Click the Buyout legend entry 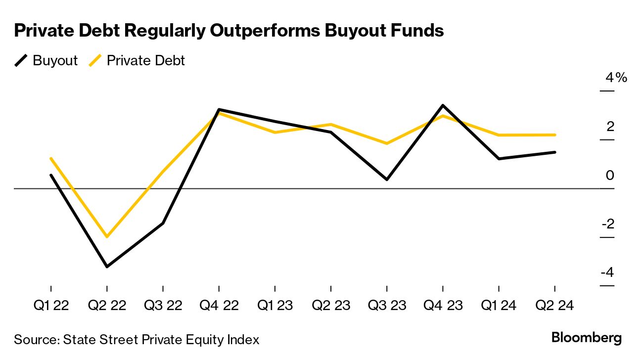pos(46,61)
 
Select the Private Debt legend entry pos(137,61)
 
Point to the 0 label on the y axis pos(610,176)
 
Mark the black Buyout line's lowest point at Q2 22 pos(107,267)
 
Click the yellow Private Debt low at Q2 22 pos(107,236)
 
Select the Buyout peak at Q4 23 pos(443,105)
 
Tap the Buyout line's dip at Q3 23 pos(387,179)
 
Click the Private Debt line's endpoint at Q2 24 pos(554,135)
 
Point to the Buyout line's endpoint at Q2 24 pos(554,152)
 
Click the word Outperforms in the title pos(274,31)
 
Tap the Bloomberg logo pos(587,338)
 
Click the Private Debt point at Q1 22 pos(51,158)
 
